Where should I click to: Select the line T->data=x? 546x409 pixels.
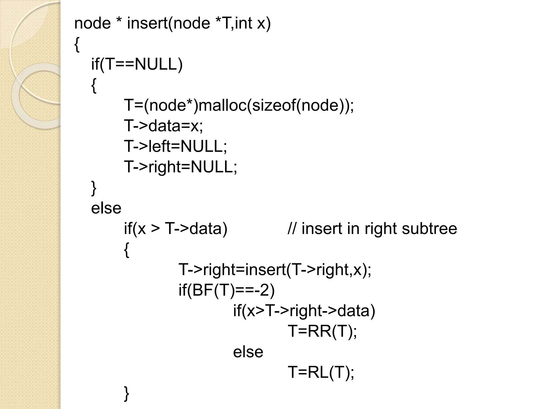tap(163, 126)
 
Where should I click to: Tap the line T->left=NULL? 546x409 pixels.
tap(175, 146)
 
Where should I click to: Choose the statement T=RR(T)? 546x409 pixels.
tap(322, 331)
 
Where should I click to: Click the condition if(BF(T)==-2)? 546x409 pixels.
tap(227, 290)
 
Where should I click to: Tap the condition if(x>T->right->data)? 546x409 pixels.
tap(304, 310)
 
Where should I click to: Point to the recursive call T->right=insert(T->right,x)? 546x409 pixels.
tap(275, 269)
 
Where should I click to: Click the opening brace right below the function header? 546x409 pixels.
tap(77, 45)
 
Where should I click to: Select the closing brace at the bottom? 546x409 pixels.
tap(127, 394)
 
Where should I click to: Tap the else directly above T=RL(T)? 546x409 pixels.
tap(248, 352)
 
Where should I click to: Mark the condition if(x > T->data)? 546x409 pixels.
tap(175, 228)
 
